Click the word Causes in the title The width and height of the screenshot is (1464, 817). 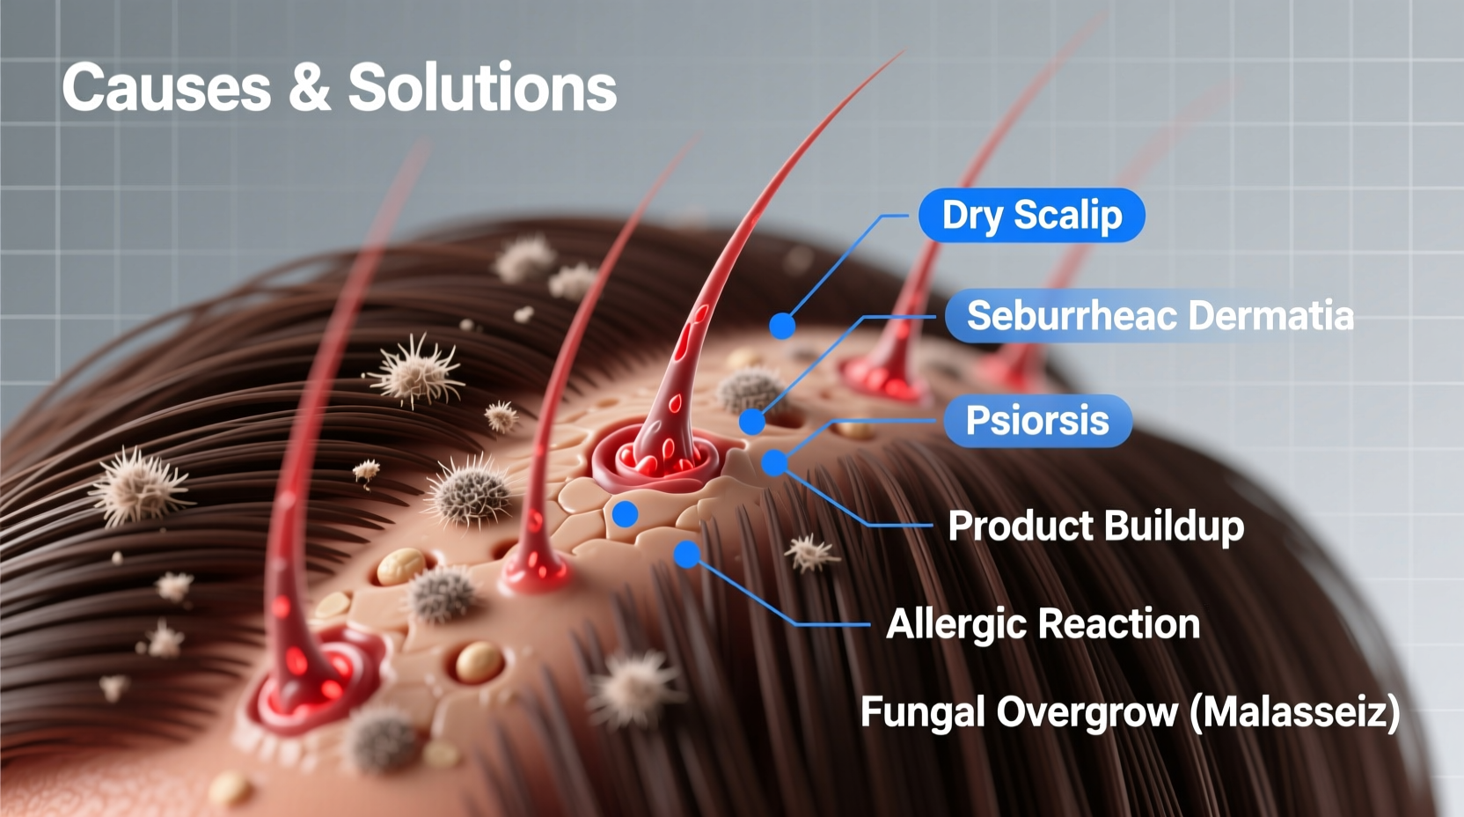click(x=166, y=87)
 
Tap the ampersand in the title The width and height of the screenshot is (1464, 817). click(x=309, y=87)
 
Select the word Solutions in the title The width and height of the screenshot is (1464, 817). click(x=482, y=87)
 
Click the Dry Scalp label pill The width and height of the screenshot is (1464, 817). click(x=1031, y=216)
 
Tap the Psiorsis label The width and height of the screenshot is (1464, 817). click(x=1036, y=420)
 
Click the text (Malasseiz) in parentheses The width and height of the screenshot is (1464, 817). click(x=1293, y=711)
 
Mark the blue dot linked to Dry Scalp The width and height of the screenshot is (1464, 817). click(x=782, y=326)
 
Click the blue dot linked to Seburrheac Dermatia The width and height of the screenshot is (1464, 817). click(x=751, y=422)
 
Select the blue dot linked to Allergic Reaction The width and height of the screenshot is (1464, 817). click(x=686, y=554)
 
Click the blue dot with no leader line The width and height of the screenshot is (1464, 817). click(x=625, y=514)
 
